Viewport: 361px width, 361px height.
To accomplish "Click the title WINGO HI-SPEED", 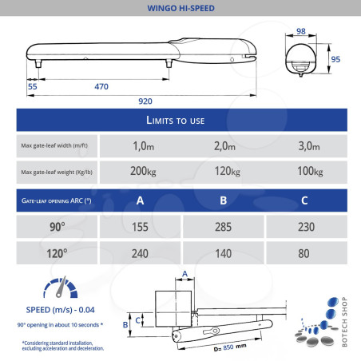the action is [x=180, y=8].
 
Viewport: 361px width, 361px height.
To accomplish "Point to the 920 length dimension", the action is [x=145, y=101].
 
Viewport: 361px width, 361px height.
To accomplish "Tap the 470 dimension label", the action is [x=101, y=86].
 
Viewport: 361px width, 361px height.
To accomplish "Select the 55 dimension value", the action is [x=33, y=86].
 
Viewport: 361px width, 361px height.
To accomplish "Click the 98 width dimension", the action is [x=301, y=31].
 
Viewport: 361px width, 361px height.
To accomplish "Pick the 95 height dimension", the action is [x=335, y=59].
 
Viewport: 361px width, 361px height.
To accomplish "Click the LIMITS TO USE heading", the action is [x=176, y=121].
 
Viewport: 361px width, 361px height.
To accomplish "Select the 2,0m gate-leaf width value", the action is [x=224, y=146].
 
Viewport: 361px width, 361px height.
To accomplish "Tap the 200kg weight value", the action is [x=143, y=171].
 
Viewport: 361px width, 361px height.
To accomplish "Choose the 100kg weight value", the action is [x=310, y=171].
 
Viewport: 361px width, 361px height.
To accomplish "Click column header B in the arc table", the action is [x=224, y=200].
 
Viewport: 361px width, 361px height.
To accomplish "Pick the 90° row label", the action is [x=58, y=227].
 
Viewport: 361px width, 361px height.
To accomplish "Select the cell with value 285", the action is [x=224, y=227].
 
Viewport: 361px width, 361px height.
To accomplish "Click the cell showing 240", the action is [x=140, y=253].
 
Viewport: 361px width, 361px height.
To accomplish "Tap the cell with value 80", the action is [x=307, y=253].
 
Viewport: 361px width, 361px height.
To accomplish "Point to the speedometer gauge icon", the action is [x=61, y=287].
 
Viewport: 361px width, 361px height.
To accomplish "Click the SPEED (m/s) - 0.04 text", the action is [x=60, y=310].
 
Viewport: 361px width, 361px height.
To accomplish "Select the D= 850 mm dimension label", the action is [x=230, y=347].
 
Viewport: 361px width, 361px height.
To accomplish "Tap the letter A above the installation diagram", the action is [x=185, y=274].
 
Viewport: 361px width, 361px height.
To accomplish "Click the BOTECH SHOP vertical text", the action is [x=344, y=322].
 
